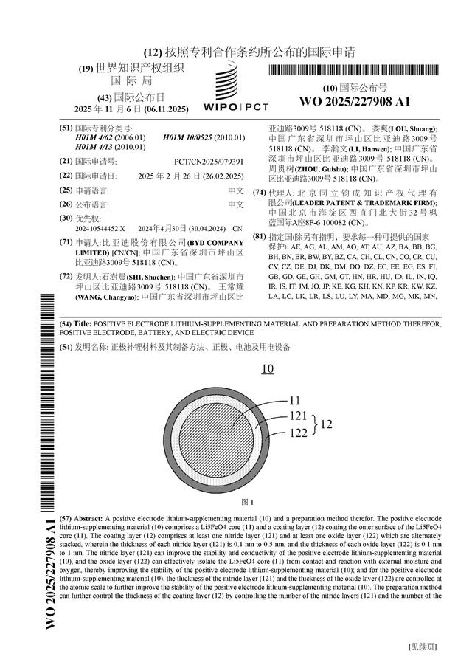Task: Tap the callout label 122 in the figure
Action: pyautogui.click(x=299, y=433)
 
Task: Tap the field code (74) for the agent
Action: pyautogui.click(x=259, y=193)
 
